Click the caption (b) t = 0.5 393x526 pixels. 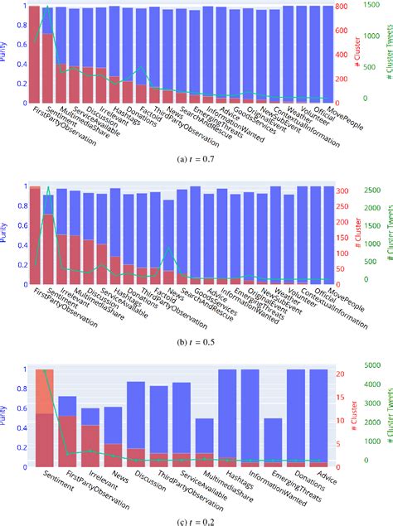[196, 339]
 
